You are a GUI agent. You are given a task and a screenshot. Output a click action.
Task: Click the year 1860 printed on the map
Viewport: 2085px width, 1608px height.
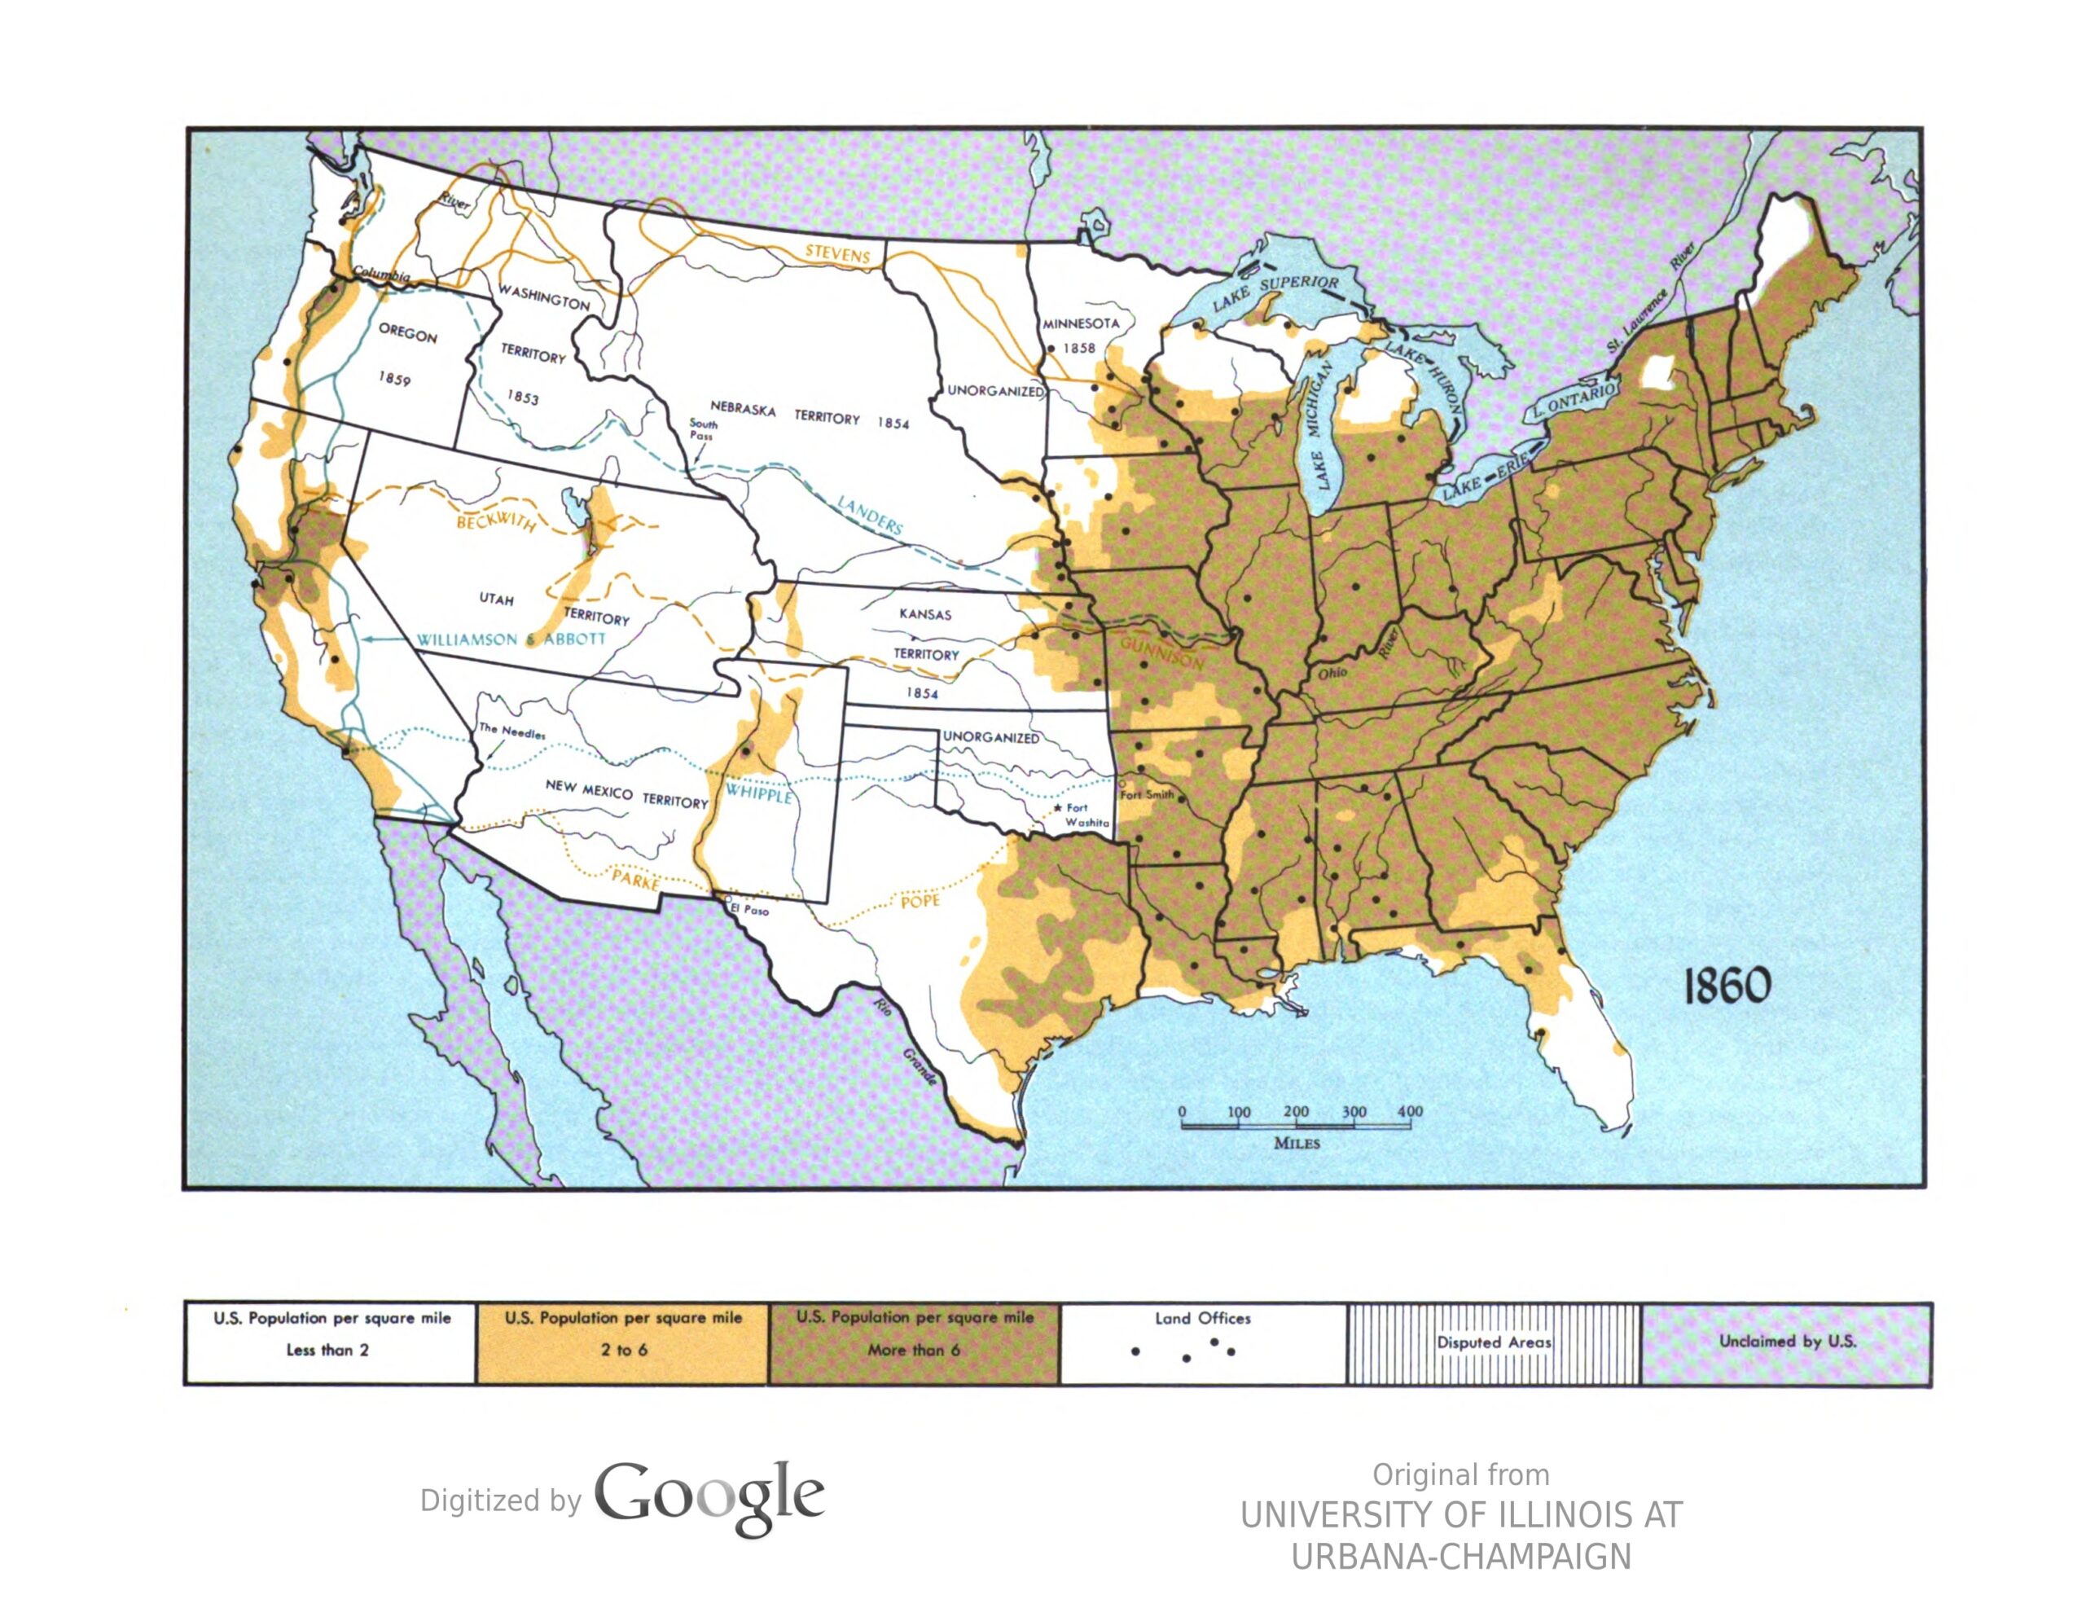pyautogui.click(x=1726, y=985)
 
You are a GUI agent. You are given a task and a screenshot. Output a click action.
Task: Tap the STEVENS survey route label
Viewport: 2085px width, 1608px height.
pyautogui.click(x=837, y=255)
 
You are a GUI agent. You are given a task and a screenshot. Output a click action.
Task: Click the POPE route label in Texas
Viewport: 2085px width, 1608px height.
pyautogui.click(x=920, y=900)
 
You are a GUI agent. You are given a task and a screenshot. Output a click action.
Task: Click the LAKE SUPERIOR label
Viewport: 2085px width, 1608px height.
pyautogui.click(x=1275, y=292)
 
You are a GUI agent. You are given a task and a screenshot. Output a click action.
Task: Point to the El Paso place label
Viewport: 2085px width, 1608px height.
pyautogui.click(x=749, y=910)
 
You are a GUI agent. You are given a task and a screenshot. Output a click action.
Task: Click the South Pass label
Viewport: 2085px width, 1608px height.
pyautogui.click(x=703, y=429)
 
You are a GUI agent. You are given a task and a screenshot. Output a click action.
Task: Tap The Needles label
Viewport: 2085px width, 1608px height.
pyautogui.click(x=511, y=733)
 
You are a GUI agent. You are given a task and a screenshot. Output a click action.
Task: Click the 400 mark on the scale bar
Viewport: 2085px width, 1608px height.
pyautogui.click(x=1409, y=1111)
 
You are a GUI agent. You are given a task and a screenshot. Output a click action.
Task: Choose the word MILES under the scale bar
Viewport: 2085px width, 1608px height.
pyautogui.click(x=1297, y=1143)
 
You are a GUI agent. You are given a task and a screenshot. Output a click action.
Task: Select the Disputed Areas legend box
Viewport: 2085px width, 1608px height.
pyautogui.click(x=1493, y=1342)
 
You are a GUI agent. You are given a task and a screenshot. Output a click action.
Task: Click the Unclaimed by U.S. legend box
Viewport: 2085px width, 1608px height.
pyautogui.click(x=1786, y=1342)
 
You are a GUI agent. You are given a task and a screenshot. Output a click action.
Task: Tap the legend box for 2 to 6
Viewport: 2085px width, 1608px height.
pyautogui.click(x=622, y=1342)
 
